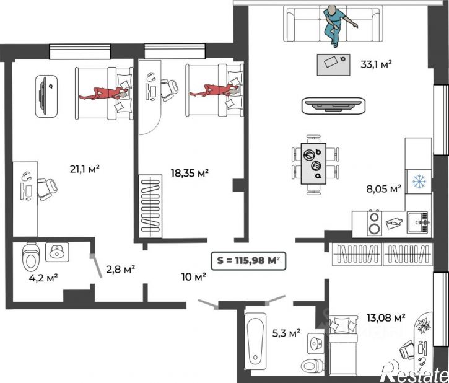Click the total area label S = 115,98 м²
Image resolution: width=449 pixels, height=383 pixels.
[x=248, y=261]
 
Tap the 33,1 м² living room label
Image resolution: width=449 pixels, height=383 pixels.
[x=376, y=64]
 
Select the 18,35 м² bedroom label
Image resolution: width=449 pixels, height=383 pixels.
[x=190, y=173]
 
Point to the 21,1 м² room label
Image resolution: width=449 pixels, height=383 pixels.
[x=84, y=169]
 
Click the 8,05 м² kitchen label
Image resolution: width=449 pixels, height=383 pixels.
[x=384, y=188]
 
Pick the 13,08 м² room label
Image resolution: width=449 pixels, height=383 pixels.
[x=386, y=317]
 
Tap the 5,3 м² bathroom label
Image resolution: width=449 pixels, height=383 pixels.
[x=286, y=333]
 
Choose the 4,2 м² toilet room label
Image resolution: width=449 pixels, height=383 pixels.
[x=43, y=277]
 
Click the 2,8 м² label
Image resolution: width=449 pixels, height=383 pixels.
[x=121, y=269]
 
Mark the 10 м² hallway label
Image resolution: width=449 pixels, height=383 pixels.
[x=194, y=276]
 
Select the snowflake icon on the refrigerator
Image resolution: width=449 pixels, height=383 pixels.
[x=419, y=181]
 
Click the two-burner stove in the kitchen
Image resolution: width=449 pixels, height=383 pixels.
[x=374, y=223]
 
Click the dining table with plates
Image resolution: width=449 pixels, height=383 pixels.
[x=313, y=164]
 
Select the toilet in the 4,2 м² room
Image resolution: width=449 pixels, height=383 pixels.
[x=30, y=258]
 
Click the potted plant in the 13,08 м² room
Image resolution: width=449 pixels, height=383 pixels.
[x=424, y=325]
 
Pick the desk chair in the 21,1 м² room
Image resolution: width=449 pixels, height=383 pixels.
[x=47, y=189]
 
